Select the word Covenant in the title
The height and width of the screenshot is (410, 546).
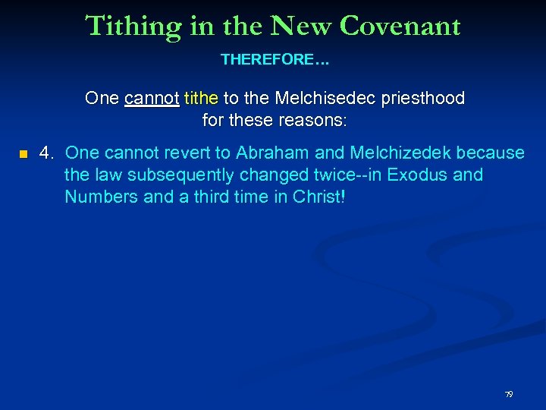400,26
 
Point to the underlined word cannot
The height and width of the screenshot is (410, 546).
152,98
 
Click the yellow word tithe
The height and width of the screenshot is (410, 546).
201,98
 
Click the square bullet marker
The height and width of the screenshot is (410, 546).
24,155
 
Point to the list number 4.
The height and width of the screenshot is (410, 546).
47,153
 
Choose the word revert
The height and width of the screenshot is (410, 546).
186,153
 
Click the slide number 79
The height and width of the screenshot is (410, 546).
509,395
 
